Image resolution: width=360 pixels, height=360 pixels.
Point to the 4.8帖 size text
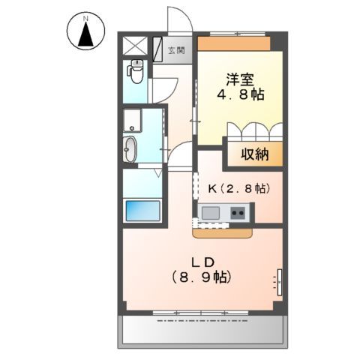(239, 96)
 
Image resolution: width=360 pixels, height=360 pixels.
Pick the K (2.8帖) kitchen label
(234, 189)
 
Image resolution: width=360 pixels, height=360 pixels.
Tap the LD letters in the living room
(202, 262)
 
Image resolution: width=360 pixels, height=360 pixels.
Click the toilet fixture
(136, 71)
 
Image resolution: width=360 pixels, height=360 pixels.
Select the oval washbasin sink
(130, 148)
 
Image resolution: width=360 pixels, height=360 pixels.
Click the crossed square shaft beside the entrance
(136, 43)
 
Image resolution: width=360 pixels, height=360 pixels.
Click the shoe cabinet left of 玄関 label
(159, 49)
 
